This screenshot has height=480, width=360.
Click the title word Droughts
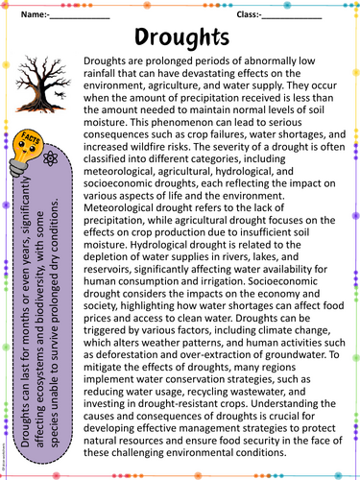(x=181, y=37)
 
